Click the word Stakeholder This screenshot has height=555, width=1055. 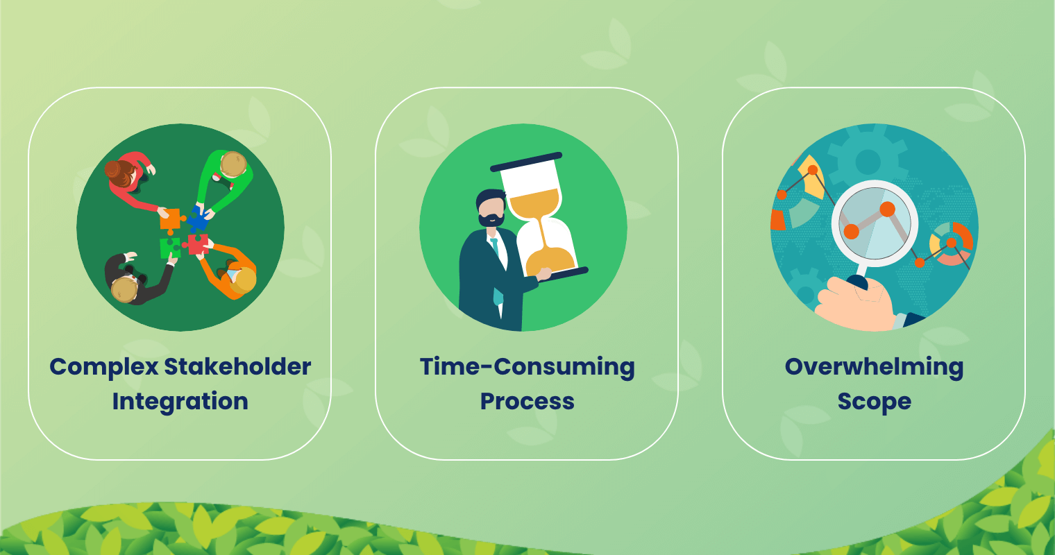[237, 367]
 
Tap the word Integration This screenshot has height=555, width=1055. [180, 402]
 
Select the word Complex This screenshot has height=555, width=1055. [103, 368]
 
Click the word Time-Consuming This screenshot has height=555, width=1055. [527, 368]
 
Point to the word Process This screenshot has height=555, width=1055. [527, 402]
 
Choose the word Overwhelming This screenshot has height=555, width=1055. [874, 368]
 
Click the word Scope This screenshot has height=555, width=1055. [874, 402]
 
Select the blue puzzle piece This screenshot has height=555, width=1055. [199, 219]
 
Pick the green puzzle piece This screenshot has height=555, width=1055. [169, 248]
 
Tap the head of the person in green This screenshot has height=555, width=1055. [233, 164]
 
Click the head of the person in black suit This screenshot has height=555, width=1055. [124, 289]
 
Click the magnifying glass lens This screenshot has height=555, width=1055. [875, 223]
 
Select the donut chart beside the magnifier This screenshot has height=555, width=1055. [951, 244]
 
